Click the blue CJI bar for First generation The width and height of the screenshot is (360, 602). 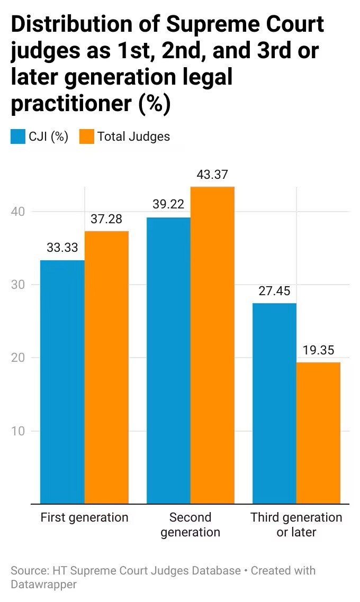pos(62,382)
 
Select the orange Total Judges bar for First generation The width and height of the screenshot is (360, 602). pos(106,368)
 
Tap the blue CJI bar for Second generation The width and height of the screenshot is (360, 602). pos(169,360)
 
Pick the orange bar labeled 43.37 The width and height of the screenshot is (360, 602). pos(212,345)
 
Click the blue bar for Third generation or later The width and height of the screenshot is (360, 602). pos(274,404)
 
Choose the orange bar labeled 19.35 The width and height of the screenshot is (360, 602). pos(319,433)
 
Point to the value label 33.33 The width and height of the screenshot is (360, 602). pos(62,248)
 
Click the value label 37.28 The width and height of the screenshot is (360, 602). pos(106,219)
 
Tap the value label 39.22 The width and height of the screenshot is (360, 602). pos(168,204)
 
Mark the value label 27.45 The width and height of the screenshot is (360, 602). pos(274,290)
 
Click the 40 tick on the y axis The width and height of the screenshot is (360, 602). pos(17,212)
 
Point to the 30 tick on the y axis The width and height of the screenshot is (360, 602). pos(17,285)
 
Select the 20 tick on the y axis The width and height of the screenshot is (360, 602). pos(17,358)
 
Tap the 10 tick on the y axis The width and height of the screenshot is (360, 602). pos(17,431)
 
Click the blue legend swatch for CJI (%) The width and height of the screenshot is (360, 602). pos(17,136)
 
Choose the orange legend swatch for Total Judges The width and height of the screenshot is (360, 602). pos(86,136)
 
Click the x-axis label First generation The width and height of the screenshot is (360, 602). pos(85,517)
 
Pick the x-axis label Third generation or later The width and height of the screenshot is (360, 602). pos(296,524)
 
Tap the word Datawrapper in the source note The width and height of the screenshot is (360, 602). pos(43,585)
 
